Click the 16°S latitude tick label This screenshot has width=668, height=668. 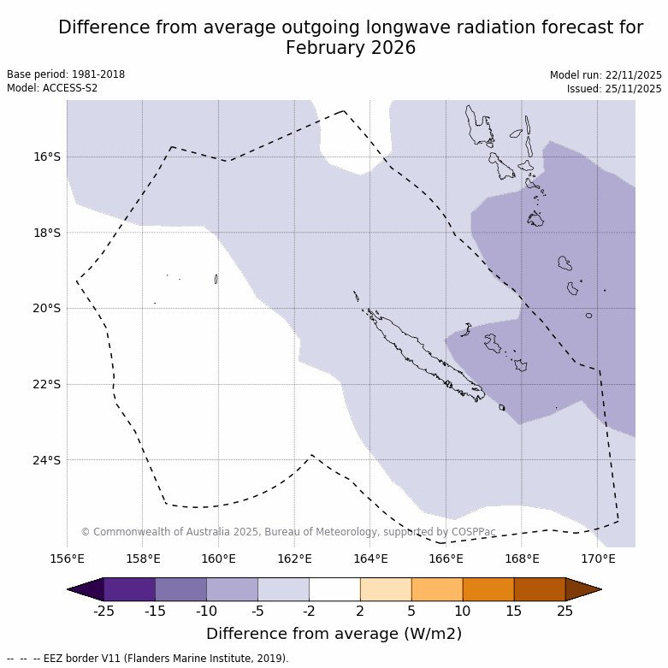tap(47, 157)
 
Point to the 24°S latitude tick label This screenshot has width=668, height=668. tap(47, 460)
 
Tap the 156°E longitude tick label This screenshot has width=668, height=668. tap(67, 559)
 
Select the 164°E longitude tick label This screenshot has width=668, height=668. tap(370, 559)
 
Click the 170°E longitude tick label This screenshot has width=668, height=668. tap(598, 559)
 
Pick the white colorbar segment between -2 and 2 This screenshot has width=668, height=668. tap(334, 589)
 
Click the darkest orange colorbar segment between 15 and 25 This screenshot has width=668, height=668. tap(540, 589)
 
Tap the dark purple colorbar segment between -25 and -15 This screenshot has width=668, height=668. tap(130, 589)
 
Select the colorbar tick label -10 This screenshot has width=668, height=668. tap(207, 611)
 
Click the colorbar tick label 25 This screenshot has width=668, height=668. tap(565, 611)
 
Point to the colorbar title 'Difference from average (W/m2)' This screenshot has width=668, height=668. tap(334, 634)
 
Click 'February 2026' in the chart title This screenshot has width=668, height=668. tap(351, 48)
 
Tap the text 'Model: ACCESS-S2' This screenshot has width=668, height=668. tap(52, 88)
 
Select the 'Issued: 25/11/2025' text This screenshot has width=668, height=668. tap(614, 89)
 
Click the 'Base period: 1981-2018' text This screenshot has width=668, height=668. tap(66, 74)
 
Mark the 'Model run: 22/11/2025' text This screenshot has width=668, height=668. tap(606, 75)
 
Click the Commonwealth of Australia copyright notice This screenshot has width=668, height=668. tap(288, 532)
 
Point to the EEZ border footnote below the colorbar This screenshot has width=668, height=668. tap(148, 659)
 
